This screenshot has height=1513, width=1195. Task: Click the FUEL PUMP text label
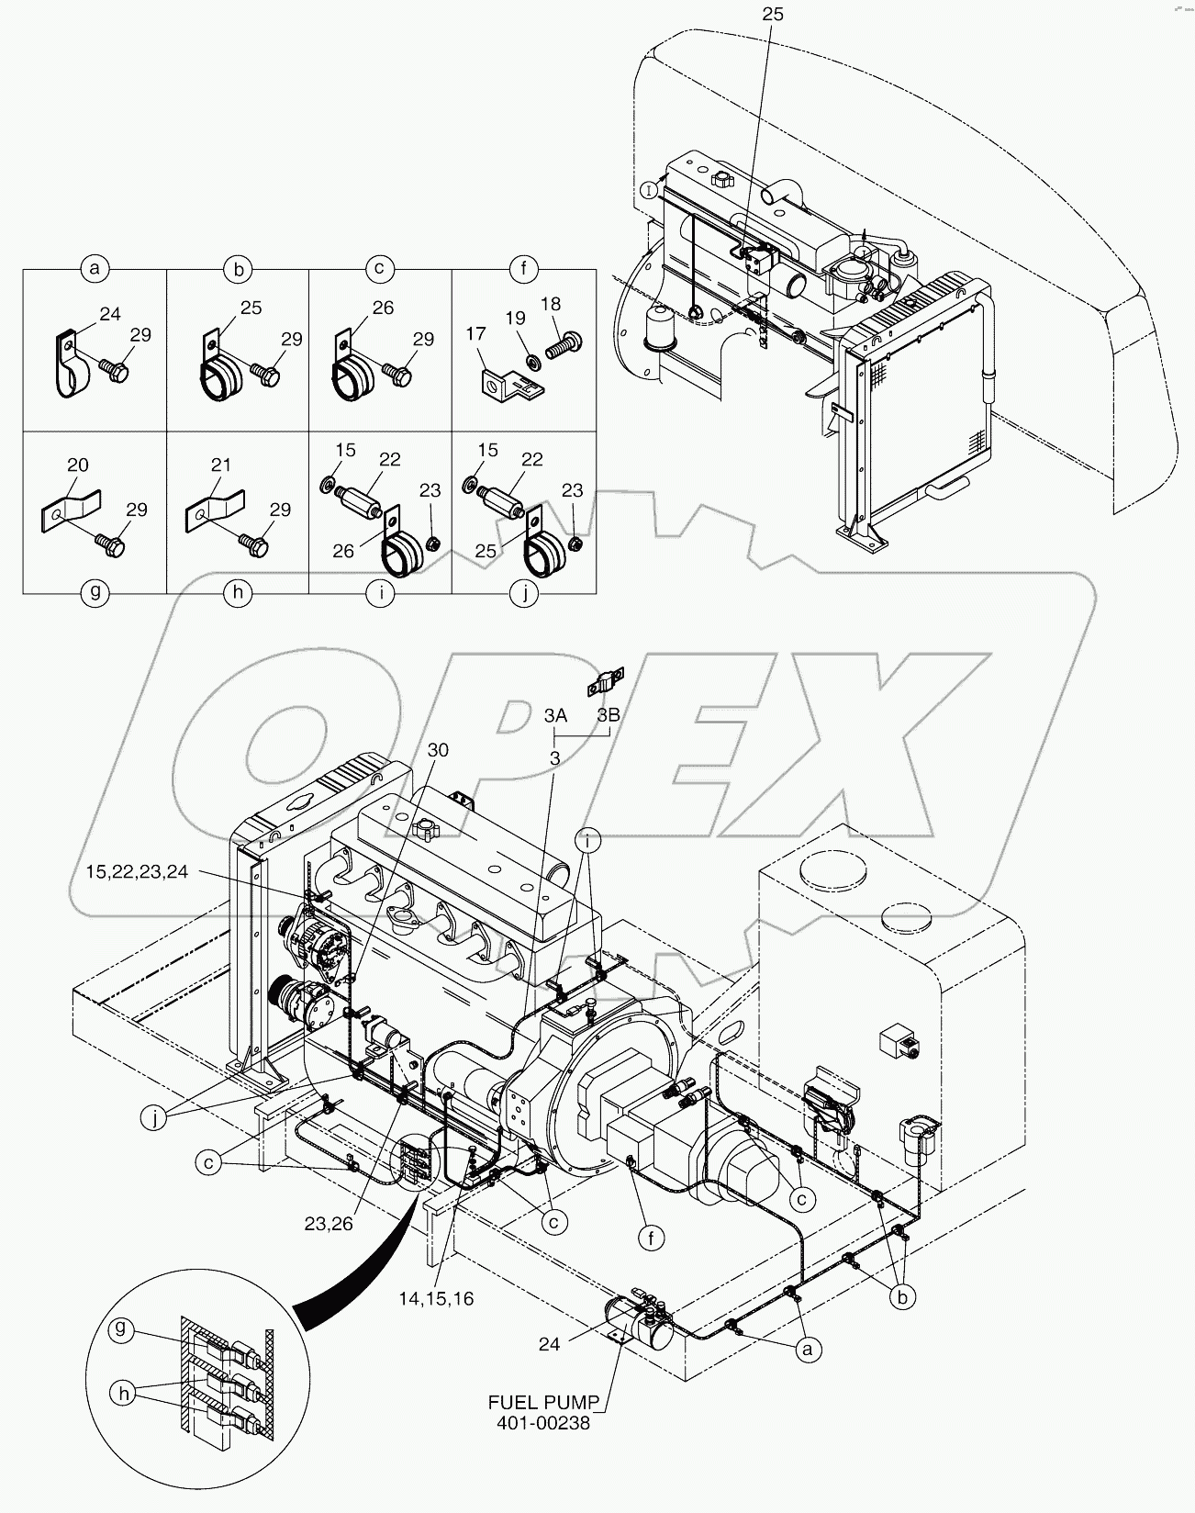[x=542, y=1403]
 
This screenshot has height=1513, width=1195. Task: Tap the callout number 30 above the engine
[x=438, y=750]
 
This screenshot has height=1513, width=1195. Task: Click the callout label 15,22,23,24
[x=138, y=871]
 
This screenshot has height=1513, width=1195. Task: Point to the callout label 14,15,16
[x=436, y=1299]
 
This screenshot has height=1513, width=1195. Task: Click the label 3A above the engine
[x=554, y=715]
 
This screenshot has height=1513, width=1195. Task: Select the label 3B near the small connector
[x=608, y=715]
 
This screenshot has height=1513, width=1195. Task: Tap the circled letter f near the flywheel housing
[x=651, y=1238]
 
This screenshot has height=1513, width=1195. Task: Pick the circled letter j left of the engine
[x=157, y=1117]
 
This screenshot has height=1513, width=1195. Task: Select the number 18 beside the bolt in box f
[x=550, y=304]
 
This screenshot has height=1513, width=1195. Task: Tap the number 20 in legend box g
[x=78, y=465]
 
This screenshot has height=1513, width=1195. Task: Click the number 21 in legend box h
[x=221, y=465]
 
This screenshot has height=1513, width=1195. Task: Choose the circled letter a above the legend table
[x=94, y=269]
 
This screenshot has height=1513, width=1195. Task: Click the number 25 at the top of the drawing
[x=772, y=15]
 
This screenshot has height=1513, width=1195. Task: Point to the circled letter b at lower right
[x=901, y=1296]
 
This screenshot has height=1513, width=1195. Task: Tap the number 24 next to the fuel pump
[x=549, y=1344]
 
